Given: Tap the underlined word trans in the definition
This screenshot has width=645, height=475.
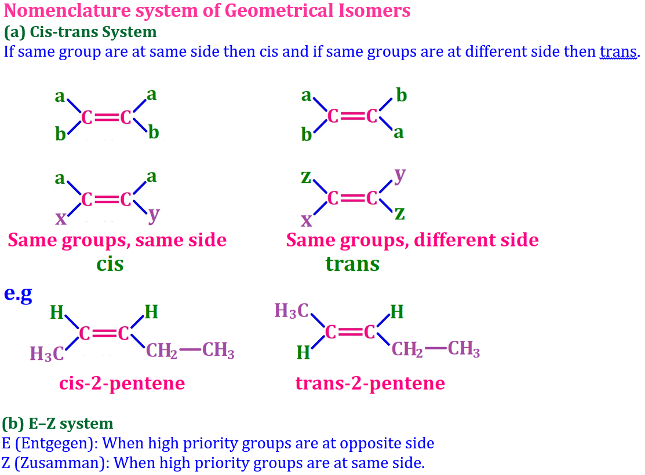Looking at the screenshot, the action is click(x=618, y=51).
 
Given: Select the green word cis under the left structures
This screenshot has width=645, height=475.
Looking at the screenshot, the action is click(x=110, y=264).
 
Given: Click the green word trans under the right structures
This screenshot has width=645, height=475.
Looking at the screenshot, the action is click(x=352, y=264).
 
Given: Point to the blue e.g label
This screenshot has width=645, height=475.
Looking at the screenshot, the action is click(x=17, y=293).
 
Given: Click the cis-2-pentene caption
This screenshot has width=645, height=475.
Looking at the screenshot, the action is click(x=122, y=383).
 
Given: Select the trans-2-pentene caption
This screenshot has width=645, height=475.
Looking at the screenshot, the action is click(x=370, y=383).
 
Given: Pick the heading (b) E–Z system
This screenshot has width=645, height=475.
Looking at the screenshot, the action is click(x=58, y=424).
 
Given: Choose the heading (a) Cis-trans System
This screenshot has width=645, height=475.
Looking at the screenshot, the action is click(x=80, y=32).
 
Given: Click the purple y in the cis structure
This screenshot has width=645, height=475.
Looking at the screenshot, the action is click(x=153, y=214).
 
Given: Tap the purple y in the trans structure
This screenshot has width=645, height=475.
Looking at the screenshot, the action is click(x=399, y=175).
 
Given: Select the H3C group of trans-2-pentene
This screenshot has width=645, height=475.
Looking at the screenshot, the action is click(x=293, y=311).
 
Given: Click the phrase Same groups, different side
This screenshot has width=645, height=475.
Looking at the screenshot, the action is click(x=412, y=240).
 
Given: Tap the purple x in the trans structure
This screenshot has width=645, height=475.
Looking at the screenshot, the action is click(x=306, y=220).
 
